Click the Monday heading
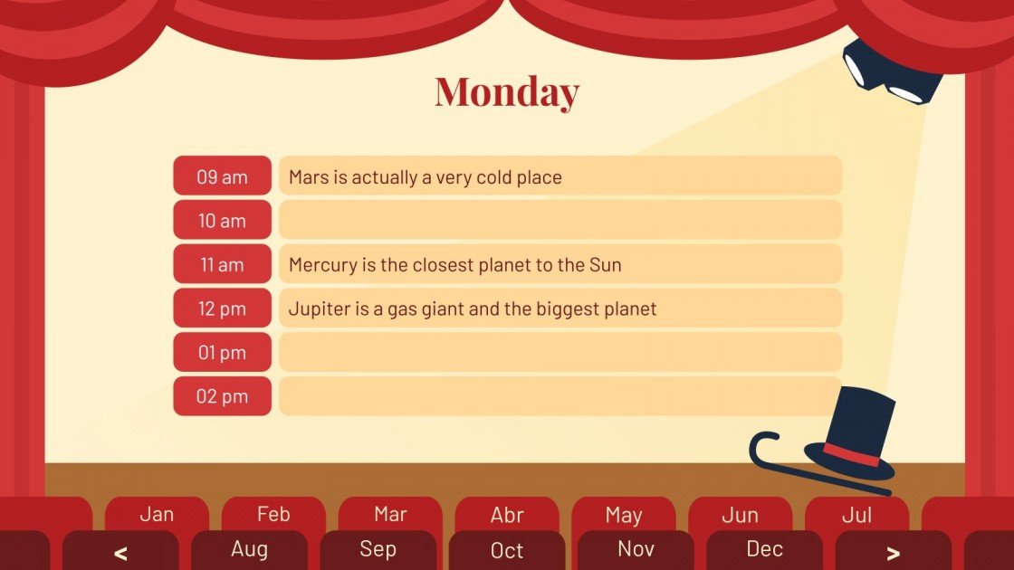(506, 92)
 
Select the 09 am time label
(222, 176)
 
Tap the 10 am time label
(222, 221)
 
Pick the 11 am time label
(222, 265)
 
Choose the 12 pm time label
(222, 309)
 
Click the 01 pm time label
(222, 353)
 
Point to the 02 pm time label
(222, 396)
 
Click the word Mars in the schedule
(309, 177)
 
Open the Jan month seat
(157, 515)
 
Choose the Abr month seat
(507, 515)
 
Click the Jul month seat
(856, 515)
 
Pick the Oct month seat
(507, 550)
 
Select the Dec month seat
(764, 549)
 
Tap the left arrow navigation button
(120, 552)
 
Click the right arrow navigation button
(893, 552)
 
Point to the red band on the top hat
(851, 455)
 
